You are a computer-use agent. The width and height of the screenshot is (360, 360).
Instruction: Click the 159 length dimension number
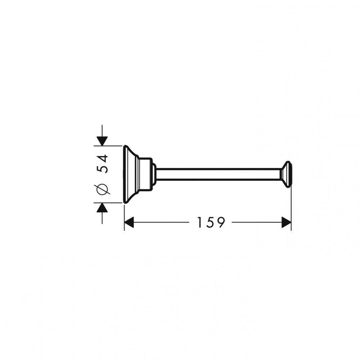click(x=211, y=222)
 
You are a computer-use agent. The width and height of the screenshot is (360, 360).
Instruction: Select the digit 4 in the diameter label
click(x=102, y=158)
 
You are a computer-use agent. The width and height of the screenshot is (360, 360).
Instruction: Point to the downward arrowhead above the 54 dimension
click(x=102, y=141)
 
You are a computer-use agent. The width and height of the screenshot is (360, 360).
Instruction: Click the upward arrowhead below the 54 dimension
click(x=102, y=208)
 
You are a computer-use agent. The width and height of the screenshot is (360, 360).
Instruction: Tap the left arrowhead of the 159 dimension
click(x=129, y=222)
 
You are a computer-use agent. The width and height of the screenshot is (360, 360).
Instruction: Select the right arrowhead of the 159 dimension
click(x=286, y=222)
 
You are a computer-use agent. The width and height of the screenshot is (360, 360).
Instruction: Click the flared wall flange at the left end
click(x=131, y=174)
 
